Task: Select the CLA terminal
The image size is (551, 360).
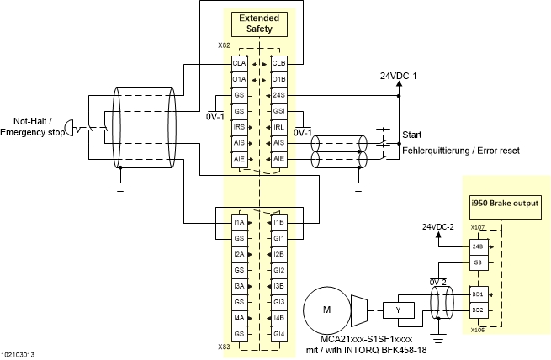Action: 239,63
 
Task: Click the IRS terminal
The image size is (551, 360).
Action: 239,127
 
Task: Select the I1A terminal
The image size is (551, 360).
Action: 239,223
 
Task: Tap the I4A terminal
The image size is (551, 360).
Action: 239,318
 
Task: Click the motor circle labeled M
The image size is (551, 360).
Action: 327,310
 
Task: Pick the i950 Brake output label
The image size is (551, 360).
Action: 503,204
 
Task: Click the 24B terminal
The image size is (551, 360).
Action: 478,247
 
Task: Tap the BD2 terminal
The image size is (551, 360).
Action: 478,310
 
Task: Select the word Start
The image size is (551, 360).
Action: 412,135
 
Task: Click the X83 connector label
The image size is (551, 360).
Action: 224,346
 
